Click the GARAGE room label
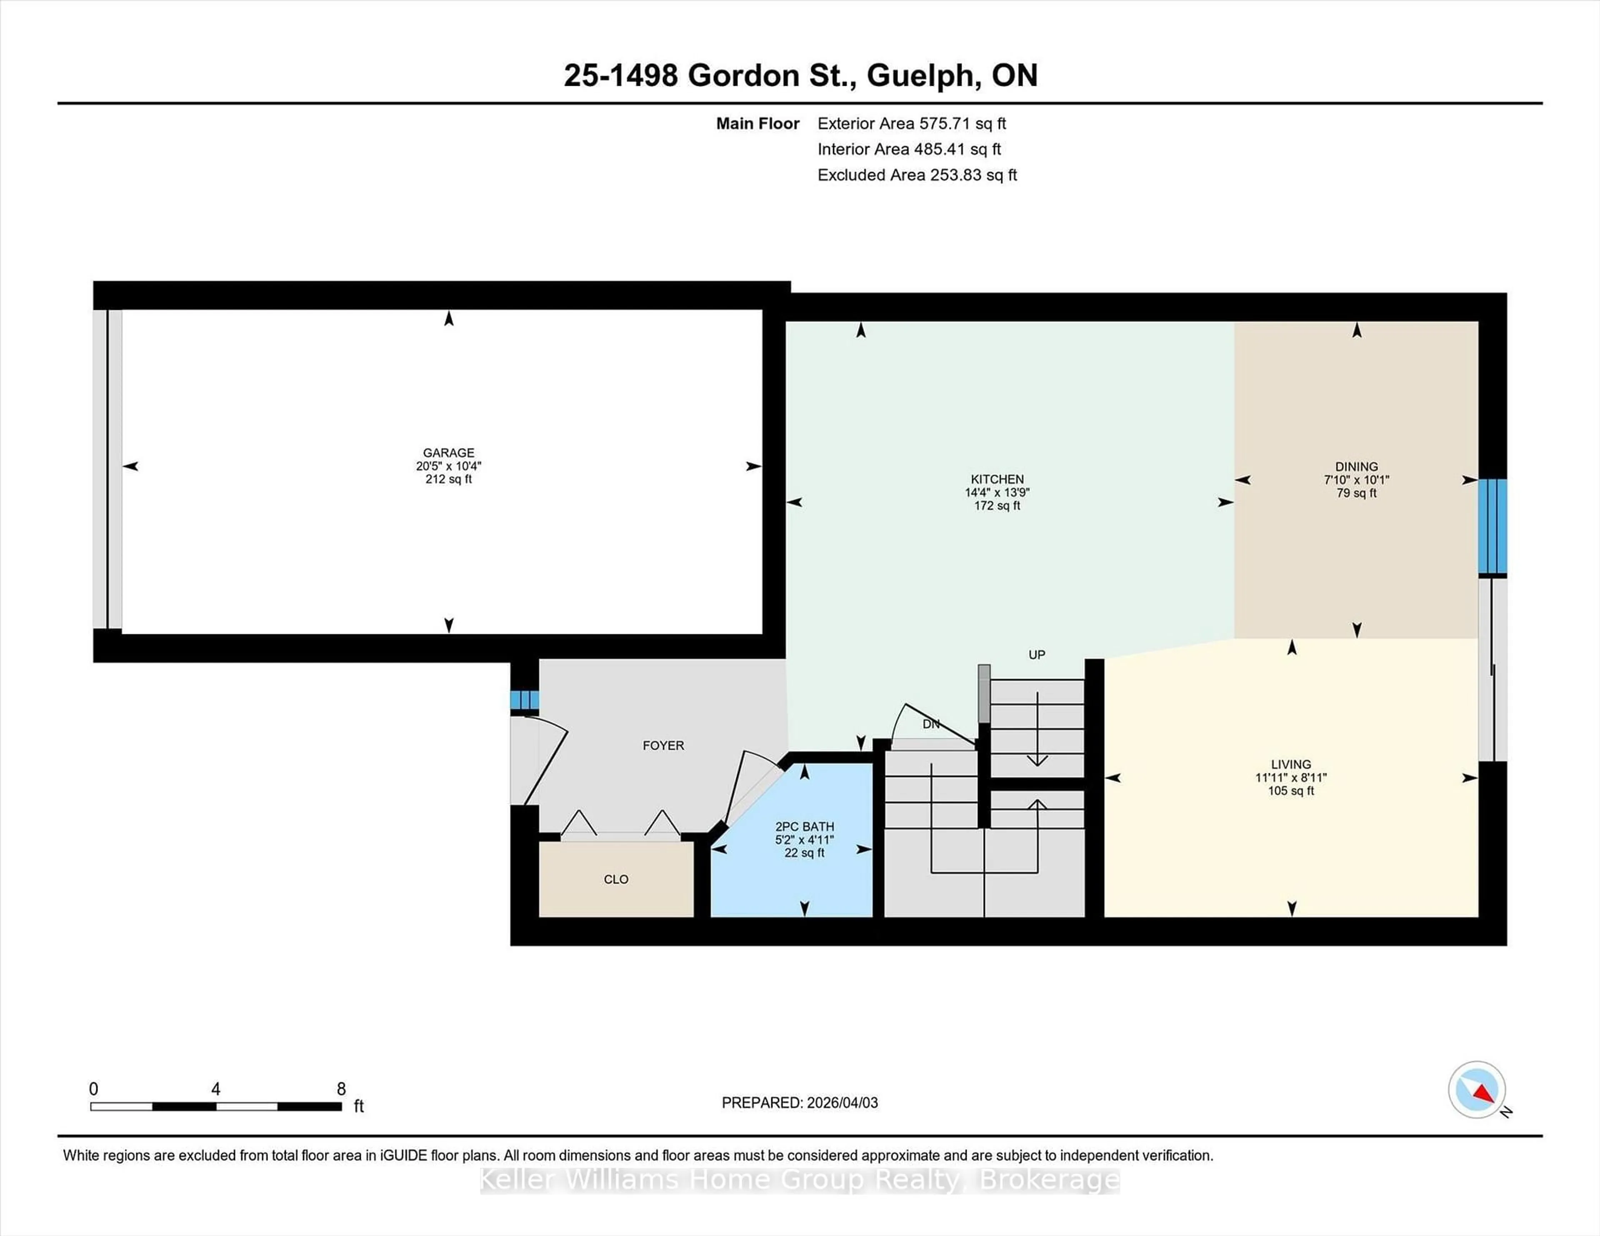pos(448,453)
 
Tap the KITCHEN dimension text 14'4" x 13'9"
pos(997,493)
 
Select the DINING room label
pos(1356,466)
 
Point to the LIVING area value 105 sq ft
pos(1291,791)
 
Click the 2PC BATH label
pos(805,827)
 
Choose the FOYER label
pos(663,745)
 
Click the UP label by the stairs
pos(1036,655)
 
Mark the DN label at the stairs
pos(930,724)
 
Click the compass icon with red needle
pos(1476,1089)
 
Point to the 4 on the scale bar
pos(215,1089)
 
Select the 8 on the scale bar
pos(341,1089)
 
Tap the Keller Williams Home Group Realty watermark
pos(799,1180)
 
